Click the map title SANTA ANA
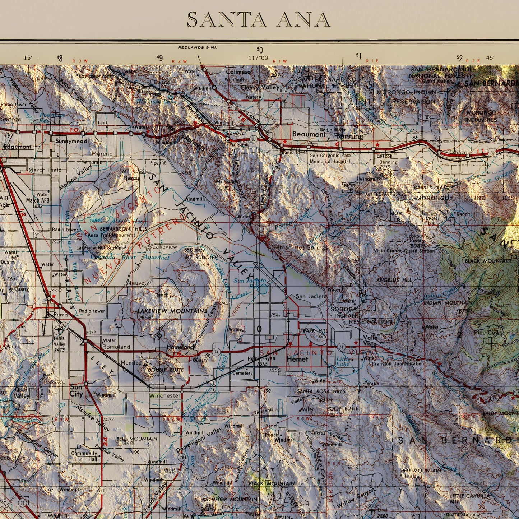click(259, 20)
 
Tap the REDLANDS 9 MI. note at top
click(198, 47)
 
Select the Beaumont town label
click(309, 135)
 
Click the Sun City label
click(76, 390)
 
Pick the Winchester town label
click(165, 395)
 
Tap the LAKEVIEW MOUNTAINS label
click(172, 311)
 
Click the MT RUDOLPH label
click(201, 258)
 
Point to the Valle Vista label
click(370, 340)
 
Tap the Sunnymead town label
click(71, 141)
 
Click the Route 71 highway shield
click(23, 503)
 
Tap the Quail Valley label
click(21, 393)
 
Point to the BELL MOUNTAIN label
click(137, 439)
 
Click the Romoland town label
click(116, 347)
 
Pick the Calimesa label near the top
click(238, 72)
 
